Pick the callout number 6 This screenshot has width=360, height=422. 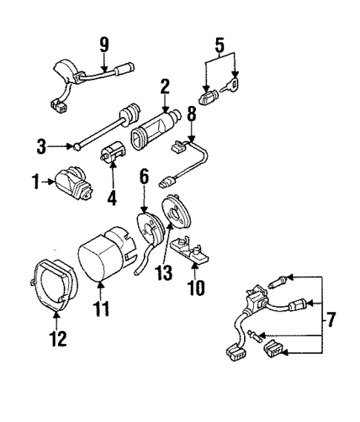[144, 177]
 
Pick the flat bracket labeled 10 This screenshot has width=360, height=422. [192, 248]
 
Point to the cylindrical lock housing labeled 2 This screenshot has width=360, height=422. [156, 129]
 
